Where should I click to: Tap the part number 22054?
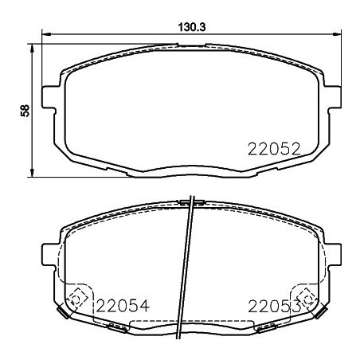point(123,304)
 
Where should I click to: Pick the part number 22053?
point(273,304)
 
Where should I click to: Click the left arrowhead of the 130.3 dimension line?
point(45,34)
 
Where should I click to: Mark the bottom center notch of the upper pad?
point(190,168)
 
